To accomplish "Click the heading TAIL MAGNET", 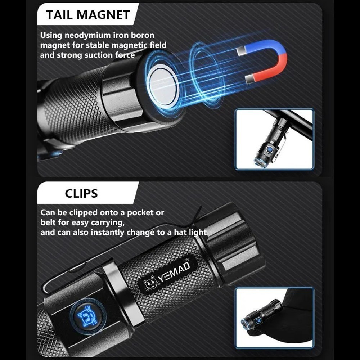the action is (88, 15).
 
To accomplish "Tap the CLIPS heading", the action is (81, 193).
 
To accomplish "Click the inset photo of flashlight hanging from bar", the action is (274, 139).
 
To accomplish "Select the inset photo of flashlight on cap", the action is (274, 318).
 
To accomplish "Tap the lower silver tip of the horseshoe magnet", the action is (249, 79).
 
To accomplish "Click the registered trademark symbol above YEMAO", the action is (187, 260).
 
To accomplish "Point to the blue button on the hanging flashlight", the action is (269, 150).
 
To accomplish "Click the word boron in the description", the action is (142, 35).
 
